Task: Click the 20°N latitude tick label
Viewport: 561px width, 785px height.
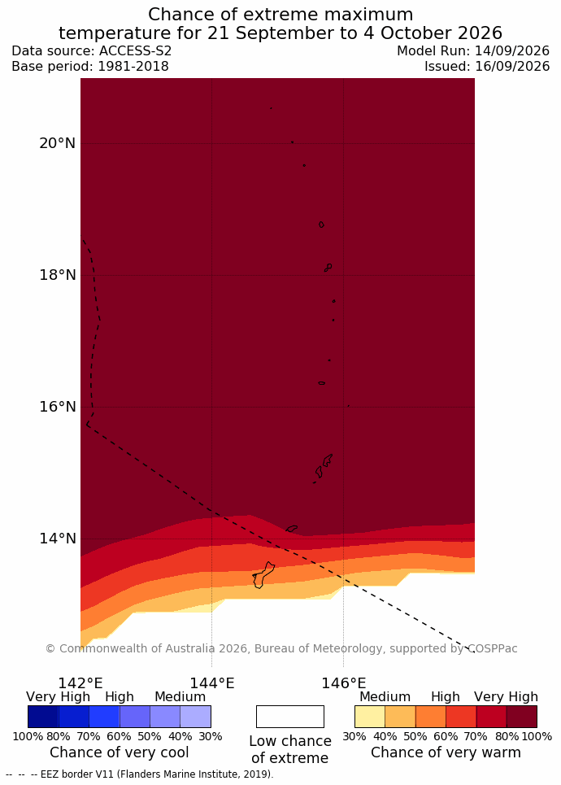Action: tap(57, 143)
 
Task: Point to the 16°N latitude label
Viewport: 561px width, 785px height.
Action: tap(58, 407)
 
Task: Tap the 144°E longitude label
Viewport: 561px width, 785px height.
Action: tap(211, 683)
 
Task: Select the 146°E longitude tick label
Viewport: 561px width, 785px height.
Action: tap(343, 683)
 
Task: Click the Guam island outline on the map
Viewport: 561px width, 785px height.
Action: tap(263, 575)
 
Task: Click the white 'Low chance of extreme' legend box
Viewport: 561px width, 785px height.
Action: tap(289, 717)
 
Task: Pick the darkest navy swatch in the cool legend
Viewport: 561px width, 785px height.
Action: tap(44, 717)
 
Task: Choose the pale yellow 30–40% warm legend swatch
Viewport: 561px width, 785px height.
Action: tap(370, 717)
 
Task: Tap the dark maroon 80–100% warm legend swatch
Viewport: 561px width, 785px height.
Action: tap(522, 717)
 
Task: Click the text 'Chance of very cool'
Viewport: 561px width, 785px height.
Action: tap(119, 752)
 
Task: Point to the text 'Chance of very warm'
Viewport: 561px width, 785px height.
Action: tap(446, 752)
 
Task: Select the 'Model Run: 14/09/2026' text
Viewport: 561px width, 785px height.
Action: tap(473, 51)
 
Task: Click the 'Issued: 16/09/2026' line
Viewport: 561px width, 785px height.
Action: tap(487, 66)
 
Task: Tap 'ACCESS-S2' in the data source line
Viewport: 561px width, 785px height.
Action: tap(135, 51)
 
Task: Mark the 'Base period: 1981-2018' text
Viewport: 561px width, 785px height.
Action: tap(90, 66)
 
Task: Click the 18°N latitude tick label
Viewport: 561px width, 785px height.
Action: tap(57, 275)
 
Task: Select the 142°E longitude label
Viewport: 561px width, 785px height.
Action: tap(80, 683)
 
